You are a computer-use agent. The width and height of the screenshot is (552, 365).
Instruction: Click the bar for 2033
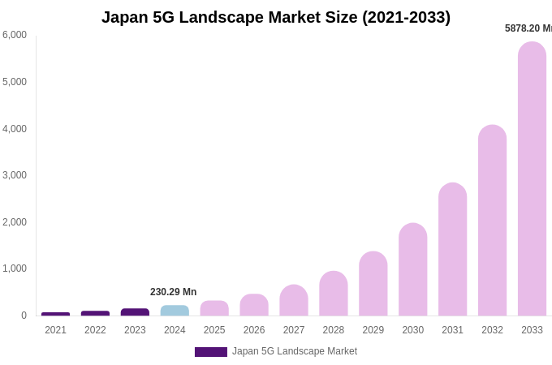click(532, 178)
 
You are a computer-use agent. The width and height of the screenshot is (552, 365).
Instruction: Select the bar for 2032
click(492, 221)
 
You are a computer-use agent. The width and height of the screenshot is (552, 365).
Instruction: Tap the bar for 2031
click(452, 249)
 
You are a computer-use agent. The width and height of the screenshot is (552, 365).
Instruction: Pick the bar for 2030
click(412, 269)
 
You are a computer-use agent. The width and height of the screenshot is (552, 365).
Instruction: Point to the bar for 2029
click(373, 284)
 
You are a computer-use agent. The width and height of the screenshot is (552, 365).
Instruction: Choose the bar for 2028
click(333, 294)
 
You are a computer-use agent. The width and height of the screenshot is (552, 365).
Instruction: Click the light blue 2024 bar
click(175, 311)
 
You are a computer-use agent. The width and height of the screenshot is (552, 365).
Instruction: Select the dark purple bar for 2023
click(135, 312)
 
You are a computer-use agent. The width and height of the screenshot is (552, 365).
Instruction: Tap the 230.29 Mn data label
click(173, 292)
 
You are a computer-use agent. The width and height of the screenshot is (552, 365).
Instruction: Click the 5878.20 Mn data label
click(528, 28)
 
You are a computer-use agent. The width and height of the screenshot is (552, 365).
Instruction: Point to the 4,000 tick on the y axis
click(15, 129)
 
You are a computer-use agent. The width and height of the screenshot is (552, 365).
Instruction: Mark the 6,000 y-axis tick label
click(15, 35)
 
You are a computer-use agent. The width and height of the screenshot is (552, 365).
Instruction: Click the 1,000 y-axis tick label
click(15, 268)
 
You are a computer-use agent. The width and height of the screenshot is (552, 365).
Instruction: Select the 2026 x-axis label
click(254, 330)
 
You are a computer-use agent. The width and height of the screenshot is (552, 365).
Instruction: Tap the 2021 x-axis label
click(55, 330)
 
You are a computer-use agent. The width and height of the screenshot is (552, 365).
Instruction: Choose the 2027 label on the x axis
click(294, 330)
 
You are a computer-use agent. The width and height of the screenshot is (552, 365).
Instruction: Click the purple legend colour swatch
click(211, 352)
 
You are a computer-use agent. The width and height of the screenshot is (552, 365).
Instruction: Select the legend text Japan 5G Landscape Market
click(295, 351)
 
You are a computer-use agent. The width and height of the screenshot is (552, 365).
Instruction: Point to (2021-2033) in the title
click(406, 17)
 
